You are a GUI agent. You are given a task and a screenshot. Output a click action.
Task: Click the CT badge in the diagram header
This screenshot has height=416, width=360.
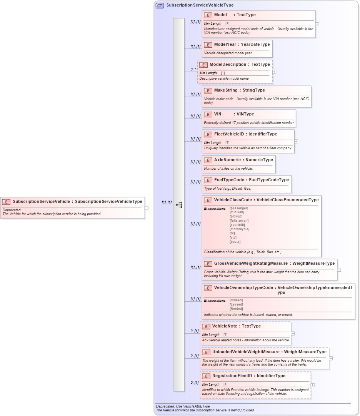coord(160,5)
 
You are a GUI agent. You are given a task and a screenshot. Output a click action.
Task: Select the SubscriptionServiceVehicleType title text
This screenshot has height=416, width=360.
coord(200,5)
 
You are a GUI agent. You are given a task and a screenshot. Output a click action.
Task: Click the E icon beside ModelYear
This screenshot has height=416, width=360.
coord(208,45)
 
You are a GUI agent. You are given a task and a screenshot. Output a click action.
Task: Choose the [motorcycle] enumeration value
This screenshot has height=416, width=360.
coord(239,229)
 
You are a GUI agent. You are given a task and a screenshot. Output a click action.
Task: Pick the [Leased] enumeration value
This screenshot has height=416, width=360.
coord(236,304)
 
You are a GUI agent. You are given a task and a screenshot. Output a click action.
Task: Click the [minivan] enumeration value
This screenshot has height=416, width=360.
coord(237,212)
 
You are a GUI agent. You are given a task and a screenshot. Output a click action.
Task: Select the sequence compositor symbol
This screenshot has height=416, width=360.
coord(179,205)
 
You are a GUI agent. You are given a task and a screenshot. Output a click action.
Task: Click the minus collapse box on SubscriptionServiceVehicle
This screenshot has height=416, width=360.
coord(147,208)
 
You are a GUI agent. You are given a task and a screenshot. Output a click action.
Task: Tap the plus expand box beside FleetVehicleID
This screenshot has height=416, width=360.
coord(296,142)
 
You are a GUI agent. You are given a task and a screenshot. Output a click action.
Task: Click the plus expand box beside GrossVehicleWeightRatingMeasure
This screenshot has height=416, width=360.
coord(339,270)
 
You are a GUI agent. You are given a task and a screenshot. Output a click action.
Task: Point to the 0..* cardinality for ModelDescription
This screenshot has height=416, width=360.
coord(193,70)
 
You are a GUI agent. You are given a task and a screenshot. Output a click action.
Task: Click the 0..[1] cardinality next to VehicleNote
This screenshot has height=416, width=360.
coord(195,331)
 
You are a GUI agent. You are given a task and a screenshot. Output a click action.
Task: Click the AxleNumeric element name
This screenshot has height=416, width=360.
coord(227,160)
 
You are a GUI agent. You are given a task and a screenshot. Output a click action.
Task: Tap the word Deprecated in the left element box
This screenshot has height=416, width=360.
coord(12,210)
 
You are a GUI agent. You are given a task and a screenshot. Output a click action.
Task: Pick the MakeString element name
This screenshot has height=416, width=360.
coord(226,90)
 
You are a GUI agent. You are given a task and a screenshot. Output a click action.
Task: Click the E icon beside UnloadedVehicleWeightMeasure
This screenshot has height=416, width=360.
coord(206,352)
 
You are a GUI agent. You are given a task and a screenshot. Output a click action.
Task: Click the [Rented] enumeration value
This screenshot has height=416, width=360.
coord(236,309)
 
